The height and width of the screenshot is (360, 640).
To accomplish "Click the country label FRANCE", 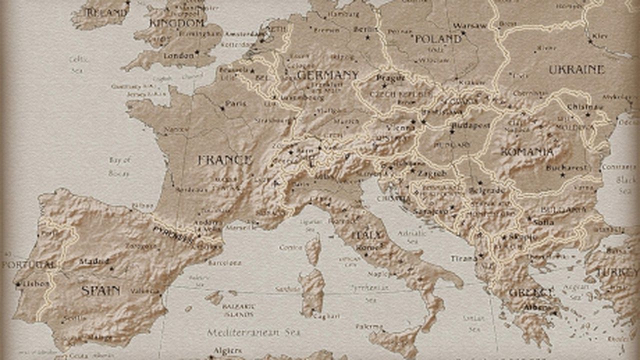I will [x=224, y=160].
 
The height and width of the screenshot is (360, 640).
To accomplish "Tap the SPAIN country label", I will [x=100, y=290].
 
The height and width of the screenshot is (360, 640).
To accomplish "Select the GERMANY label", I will [x=327, y=75].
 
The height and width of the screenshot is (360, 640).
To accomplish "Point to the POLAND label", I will [x=438, y=39].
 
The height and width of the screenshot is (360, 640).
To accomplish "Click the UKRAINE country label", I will [x=576, y=70].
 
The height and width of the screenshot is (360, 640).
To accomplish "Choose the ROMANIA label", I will [x=527, y=151].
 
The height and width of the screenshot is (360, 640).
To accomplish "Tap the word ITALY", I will [x=366, y=235].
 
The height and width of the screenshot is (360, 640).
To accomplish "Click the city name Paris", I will [x=235, y=103].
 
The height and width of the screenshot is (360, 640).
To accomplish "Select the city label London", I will [x=178, y=55].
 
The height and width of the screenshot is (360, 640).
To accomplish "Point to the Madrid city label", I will [x=94, y=261].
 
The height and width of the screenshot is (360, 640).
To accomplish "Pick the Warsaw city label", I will [x=469, y=25].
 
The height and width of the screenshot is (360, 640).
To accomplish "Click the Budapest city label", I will [x=470, y=125].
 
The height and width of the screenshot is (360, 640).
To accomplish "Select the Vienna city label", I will [x=400, y=127].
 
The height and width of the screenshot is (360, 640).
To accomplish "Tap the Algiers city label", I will [x=227, y=350].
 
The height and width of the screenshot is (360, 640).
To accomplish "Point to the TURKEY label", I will [x=617, y=272].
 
